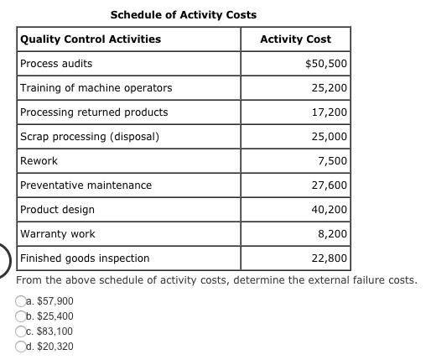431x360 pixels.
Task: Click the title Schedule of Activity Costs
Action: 184,15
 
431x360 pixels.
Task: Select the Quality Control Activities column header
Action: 91,39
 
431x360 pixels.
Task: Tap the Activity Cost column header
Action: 295,39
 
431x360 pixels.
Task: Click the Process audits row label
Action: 56,64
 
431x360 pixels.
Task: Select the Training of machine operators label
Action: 96,88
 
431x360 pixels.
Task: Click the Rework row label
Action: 39,161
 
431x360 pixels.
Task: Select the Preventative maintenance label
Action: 86,185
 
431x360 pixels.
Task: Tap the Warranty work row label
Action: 57,234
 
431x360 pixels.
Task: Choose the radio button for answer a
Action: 20,301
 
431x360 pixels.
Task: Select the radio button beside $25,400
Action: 20,316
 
